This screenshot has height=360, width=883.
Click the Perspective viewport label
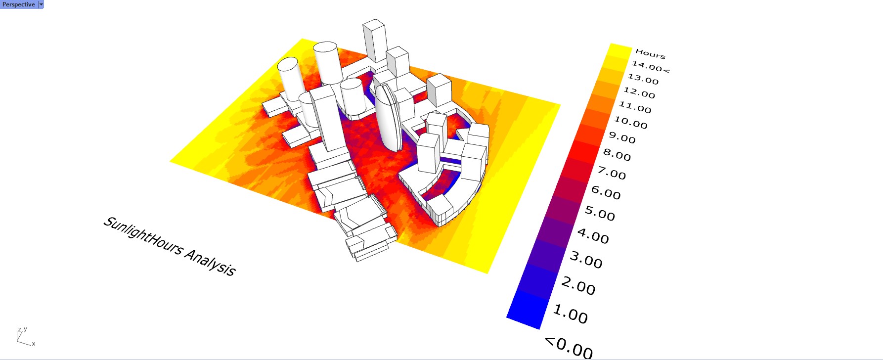coord(19,4)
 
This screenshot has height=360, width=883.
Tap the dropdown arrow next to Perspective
coord(41,4)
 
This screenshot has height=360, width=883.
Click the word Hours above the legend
coord(650,53)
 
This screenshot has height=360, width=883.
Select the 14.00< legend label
coord(650,67)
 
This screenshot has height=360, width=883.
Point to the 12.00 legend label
coord(639,92)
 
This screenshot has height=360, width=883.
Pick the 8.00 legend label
coord(617,155)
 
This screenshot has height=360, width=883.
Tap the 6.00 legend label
coord(606,192)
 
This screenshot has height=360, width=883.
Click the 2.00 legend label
coord(578,286)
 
